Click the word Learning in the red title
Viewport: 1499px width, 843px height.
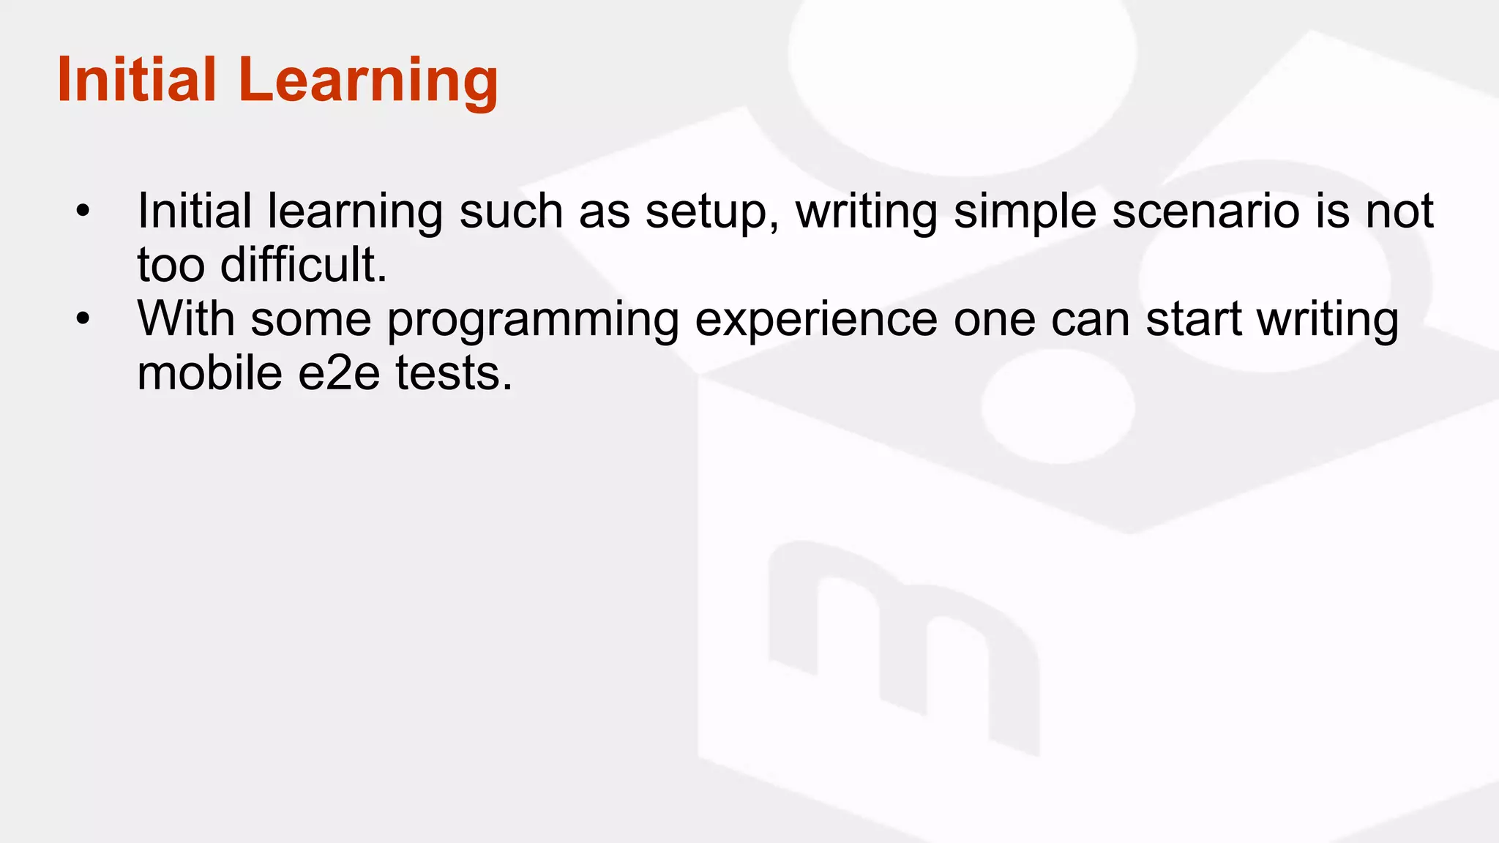[x=367, y=80]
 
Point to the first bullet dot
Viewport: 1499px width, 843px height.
[x=83, y=211]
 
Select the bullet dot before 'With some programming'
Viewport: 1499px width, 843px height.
[x=83, y=319]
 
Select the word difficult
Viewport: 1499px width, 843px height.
[x=303, y=264]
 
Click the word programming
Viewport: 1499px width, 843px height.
[x=533, y=321]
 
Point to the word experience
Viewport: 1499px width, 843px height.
[x=816, y=321]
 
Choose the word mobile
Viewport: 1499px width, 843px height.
[x=210, y=372]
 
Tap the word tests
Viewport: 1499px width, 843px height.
[x=454, y=372]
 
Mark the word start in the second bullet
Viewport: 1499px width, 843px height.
[x=1194, y=319]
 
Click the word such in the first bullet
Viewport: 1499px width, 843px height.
[x=511, y=211]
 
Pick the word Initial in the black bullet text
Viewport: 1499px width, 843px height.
[x=195, y=211]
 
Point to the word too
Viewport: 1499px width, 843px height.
[x=171, y=265]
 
